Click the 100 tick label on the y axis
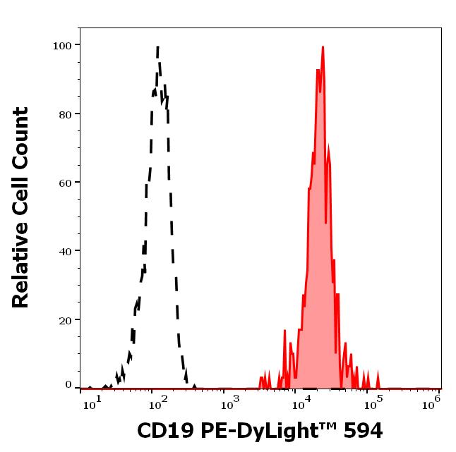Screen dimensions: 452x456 tap(62, 46)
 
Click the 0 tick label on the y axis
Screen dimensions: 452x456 tap(68, 385)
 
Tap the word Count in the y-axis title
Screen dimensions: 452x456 tap(21, 135)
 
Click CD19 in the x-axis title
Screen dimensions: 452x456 tap(161, 431)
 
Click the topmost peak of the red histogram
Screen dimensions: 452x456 tap(323, 47)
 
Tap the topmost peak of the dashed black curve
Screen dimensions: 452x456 tap(157, 47)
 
